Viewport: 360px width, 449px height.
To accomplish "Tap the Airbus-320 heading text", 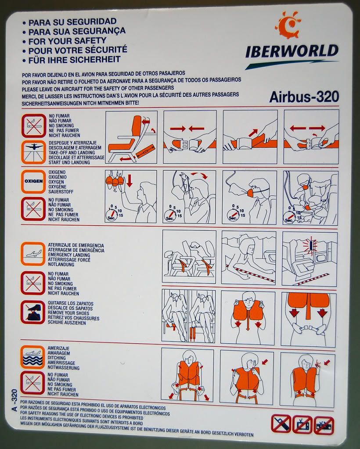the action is click(304, 97).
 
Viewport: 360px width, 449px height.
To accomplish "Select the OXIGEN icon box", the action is click(33, 181).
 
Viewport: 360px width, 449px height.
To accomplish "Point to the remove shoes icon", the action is click(33, 312).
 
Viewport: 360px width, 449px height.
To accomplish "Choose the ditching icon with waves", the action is click(32, 357).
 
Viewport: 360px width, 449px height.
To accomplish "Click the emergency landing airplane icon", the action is click(33, 254).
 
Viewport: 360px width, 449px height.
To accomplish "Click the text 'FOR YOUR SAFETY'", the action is click(67, 41).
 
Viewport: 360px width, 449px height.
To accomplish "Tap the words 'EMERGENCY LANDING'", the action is click(69, 255).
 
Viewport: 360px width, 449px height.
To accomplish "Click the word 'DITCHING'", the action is click(57, 358).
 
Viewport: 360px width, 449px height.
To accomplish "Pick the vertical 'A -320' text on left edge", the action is click(14, 400).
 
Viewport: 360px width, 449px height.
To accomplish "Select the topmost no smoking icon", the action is click(34, 126).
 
